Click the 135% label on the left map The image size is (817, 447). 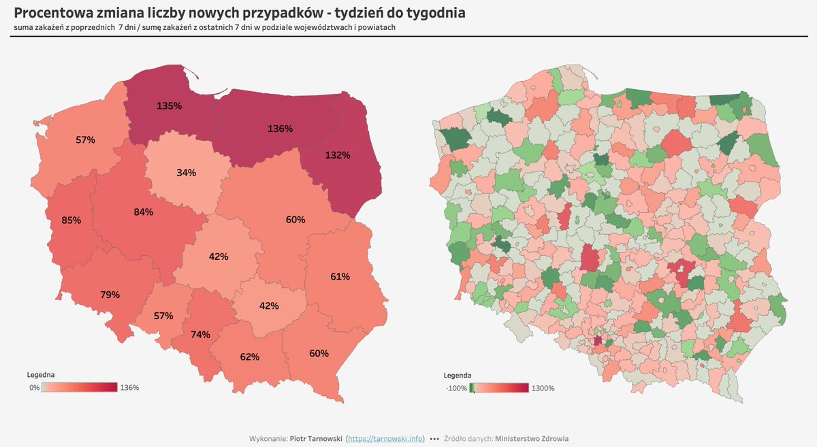click(169, 105)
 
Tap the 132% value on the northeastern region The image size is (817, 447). click(337, 155)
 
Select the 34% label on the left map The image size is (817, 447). click(186, 173)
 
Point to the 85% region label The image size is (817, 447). click(71, 220)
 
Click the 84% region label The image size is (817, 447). click(143, 212)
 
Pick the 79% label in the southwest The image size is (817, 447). click(110, 295)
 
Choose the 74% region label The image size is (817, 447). click(200, 334)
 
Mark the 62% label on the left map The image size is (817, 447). click(250, 357)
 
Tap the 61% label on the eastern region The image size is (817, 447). click(340, 276)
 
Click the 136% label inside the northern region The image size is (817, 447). click(280, 129)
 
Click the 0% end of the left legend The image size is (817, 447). click(33, 388)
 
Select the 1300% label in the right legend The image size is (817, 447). click(542, 388)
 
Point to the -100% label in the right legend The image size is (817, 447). click(455, 388)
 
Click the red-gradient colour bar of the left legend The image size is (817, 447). click(79, 388)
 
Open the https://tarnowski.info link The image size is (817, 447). click(385, 439)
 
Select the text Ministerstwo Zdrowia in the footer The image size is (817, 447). click(532, 439)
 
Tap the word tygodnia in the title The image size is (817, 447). click(433, 13)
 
